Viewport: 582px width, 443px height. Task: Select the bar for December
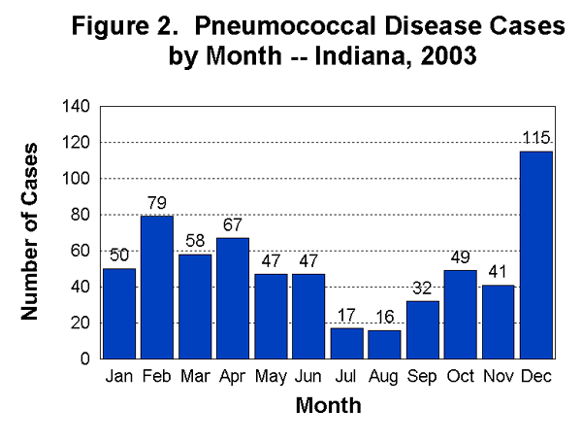535,255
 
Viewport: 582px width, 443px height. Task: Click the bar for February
157,287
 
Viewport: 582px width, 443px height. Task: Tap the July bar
346,343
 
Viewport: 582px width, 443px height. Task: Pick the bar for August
384,344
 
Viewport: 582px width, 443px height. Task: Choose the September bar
422,329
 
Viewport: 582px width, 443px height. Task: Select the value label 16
384,317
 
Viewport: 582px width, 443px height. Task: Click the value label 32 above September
422,289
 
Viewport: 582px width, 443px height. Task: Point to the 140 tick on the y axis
77,107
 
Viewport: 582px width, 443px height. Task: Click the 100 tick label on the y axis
77,179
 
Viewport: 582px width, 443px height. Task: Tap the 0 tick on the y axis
85,358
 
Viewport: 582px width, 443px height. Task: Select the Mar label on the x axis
195,376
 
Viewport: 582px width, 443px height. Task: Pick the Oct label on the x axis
460,376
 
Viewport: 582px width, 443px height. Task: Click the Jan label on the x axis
119,376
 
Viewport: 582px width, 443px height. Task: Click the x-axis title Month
328,405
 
